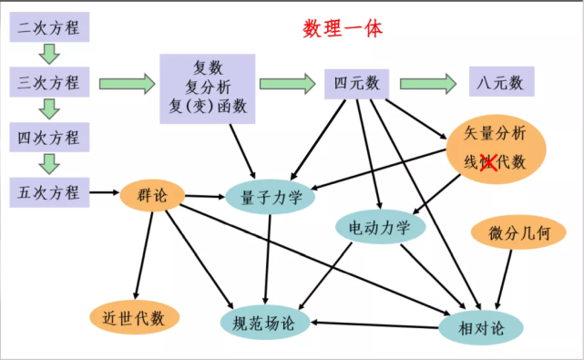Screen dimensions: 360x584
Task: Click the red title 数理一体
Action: point(342,28)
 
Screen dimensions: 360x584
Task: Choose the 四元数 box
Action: point(357,83)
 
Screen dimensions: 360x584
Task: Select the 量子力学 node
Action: point(271,197)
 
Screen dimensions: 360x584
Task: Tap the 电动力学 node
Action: point(380,226)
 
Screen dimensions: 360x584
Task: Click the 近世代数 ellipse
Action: point(133,317)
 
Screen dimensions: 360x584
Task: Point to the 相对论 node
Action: point(484,325)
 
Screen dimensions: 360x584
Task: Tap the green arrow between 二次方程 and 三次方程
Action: point(50,55)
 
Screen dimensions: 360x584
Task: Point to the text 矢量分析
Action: point(497,133)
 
